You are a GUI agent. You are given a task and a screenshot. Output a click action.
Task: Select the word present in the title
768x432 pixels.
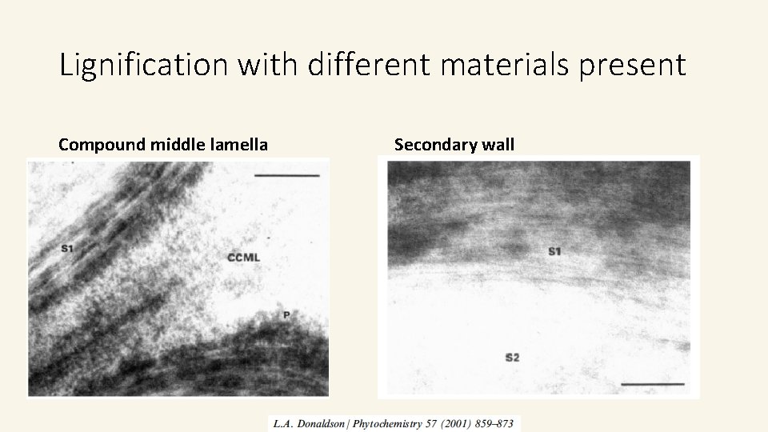[641, 64]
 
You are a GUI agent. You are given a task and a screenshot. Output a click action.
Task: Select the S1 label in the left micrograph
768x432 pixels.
[66, 249]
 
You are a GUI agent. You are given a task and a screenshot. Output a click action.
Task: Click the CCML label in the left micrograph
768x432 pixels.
[243, 258]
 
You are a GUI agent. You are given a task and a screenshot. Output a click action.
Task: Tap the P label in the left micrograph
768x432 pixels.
[285, 314]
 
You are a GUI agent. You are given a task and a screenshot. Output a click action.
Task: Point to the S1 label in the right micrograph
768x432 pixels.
[554, 253]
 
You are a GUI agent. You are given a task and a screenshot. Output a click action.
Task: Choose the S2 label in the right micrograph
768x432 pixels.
[512, 357]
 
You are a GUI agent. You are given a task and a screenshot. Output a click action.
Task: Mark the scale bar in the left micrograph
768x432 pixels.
[287, 174]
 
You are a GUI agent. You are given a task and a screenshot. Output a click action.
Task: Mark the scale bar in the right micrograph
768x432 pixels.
[652, 384]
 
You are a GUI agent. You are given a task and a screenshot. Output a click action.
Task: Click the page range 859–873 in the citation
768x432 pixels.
[502, 423]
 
